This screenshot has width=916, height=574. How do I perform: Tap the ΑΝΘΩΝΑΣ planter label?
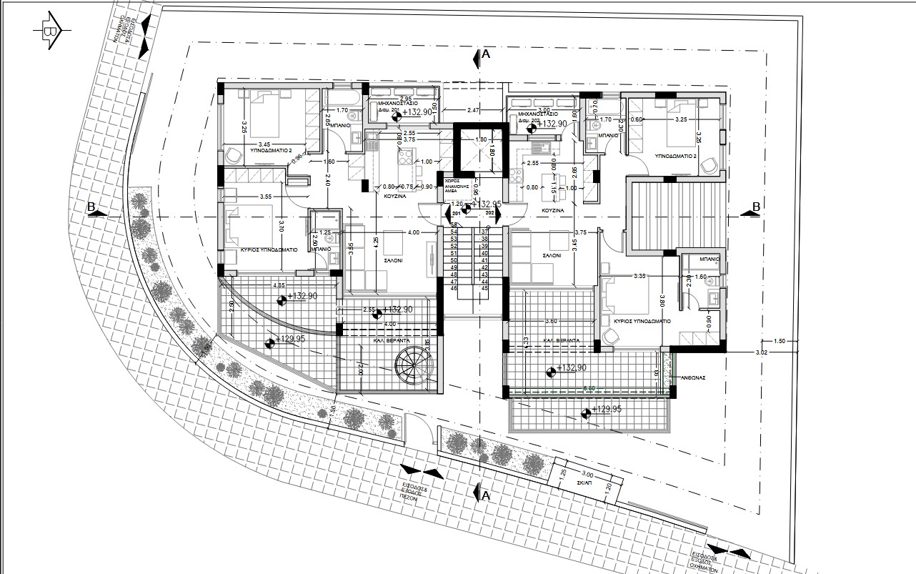[x=693, y=377]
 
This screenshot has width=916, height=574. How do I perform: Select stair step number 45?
[x=484, y=288]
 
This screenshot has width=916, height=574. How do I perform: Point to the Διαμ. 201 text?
[x=380, y=110]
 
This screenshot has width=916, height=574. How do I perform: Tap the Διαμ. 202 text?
[x=527, y=121]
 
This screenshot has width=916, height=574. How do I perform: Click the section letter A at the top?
[x=485, y=54]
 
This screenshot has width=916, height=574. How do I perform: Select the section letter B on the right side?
[x=755, y=207]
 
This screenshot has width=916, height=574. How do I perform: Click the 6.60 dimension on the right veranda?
[x=589, y=388]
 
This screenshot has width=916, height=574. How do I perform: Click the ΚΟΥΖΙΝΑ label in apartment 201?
[x=396, y=194]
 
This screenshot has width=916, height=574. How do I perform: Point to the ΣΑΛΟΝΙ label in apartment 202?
[x=550, y=255]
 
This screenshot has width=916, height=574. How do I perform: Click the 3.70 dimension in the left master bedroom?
[x=282, y=227]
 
